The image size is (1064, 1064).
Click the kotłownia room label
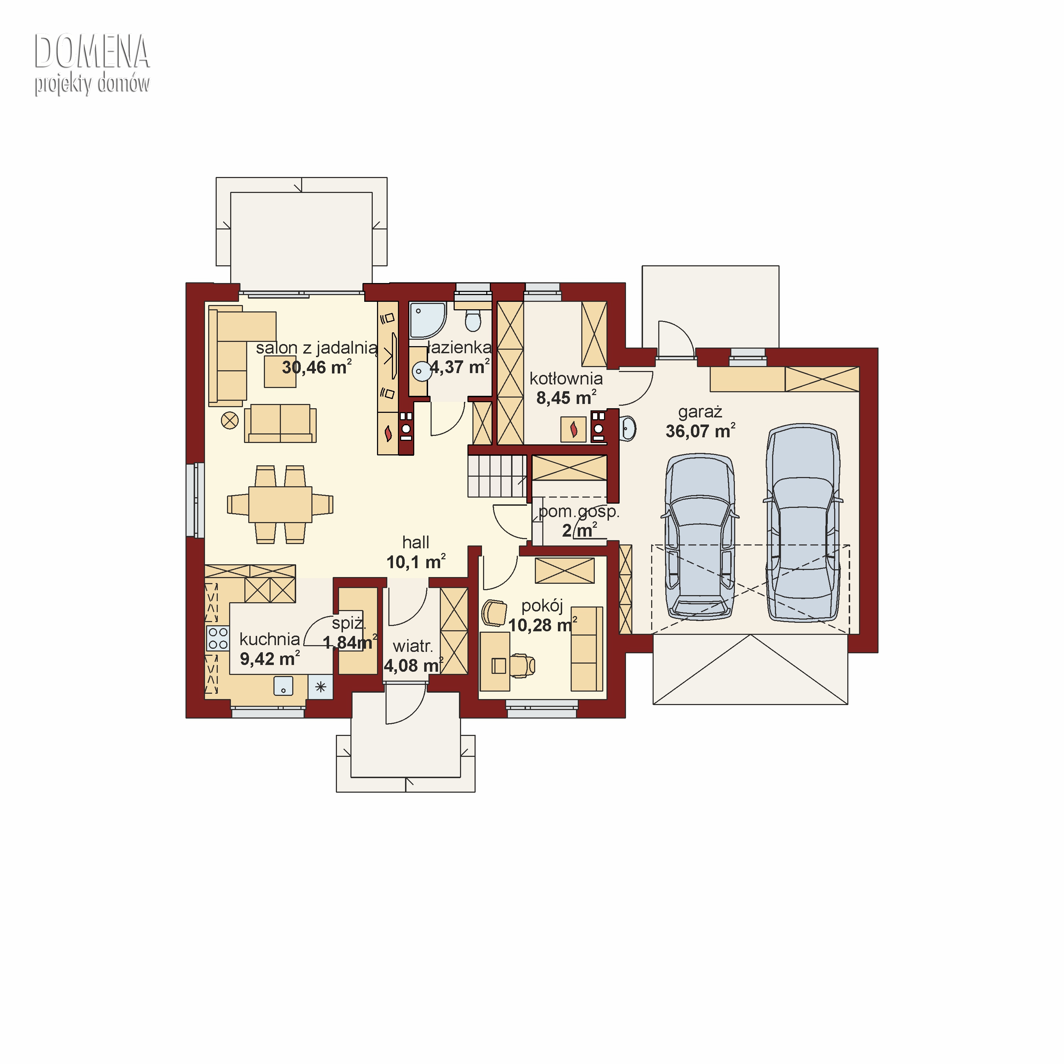[x=566, y=378]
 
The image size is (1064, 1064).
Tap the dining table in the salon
[x=280, y=504]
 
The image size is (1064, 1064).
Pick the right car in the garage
[x=803, y=523]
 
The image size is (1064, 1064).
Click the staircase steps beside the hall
[x=497, y=476]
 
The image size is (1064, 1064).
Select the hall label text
[x=416, y=543]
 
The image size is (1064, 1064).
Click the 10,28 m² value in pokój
[x=543, y=625]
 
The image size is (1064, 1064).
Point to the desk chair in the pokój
[x=523, y=665]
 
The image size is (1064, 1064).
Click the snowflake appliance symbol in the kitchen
[x=321, y=687]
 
